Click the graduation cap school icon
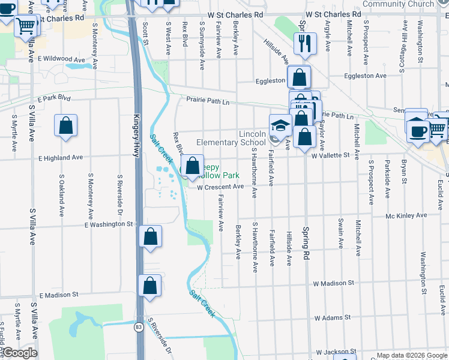pos(280,126)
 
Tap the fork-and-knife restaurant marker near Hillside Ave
pos(304,43)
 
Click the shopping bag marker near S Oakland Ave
pos(66,126)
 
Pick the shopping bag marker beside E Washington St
pos(150,236)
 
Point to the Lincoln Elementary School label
pos(231,138)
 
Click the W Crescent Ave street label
pos(220,187)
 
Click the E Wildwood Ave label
pos(62,59)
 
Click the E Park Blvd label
pos(53,98)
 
